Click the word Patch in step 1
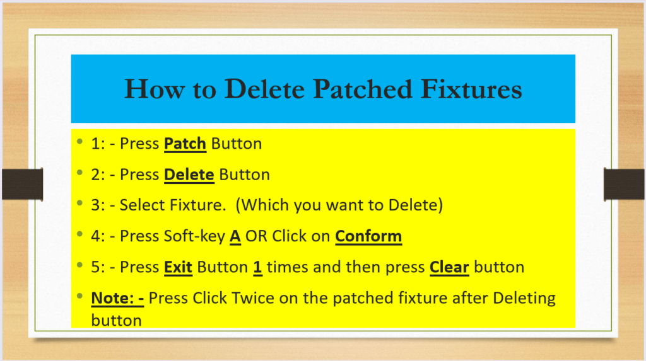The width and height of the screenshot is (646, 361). (185, 144)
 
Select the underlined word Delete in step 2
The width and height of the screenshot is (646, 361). (189, 175)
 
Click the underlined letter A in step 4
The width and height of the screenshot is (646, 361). (235, 236)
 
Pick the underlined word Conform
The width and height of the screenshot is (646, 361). (368, 236)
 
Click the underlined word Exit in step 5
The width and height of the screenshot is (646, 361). (178, 267)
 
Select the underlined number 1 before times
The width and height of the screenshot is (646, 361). (257, 267)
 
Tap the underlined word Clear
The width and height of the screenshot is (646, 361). (449, 267)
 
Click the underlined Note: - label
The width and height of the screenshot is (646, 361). (117, 298)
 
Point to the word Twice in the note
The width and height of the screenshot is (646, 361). (253, 298)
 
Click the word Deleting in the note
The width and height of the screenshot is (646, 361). (524, 299)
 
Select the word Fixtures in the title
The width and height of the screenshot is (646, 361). (471, 89)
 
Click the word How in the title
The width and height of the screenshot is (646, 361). (154, 89)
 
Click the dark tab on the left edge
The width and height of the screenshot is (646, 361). (23, 184)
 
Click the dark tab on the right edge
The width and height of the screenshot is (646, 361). (624, 184)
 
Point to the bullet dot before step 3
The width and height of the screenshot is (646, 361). (80, 203)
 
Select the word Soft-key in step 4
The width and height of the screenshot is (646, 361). (194, 237)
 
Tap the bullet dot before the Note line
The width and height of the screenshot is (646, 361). (80, 296)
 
